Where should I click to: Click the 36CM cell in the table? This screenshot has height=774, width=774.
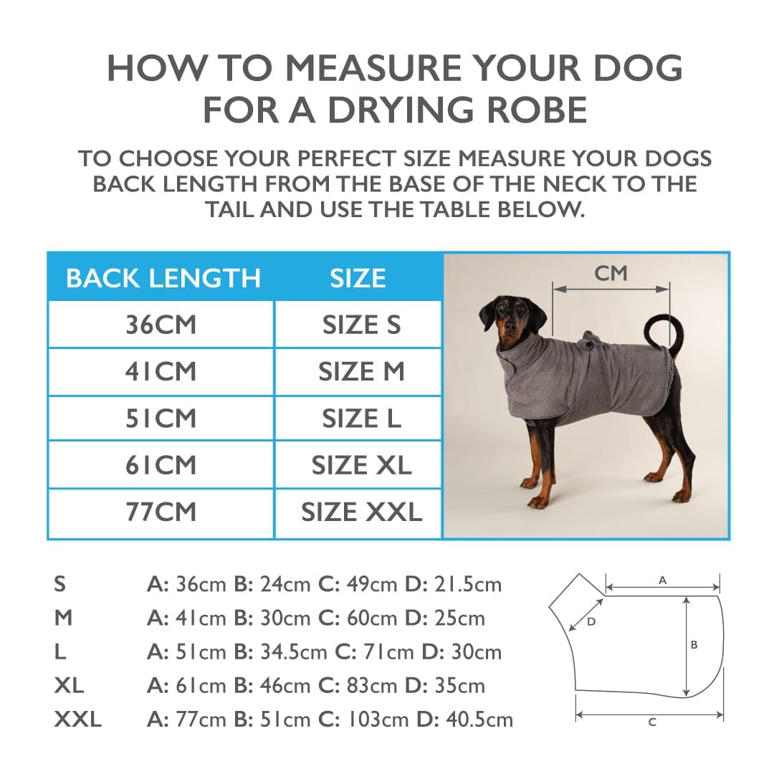point(161,325)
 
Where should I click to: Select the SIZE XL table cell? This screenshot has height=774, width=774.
point(361,465)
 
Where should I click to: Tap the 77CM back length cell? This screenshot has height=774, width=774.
point(161,512)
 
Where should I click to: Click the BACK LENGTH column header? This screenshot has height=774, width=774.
point(163,278)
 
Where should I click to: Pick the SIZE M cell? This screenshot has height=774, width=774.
point(361,372)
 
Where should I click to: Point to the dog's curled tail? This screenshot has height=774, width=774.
point(662,331)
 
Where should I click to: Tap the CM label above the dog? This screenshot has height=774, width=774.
point(611,273)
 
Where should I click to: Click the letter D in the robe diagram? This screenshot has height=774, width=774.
point(591,622)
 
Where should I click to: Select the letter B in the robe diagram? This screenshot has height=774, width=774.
point(694,645)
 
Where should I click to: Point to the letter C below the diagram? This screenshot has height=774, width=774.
point(652,722)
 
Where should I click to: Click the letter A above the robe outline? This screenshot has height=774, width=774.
point(662,580)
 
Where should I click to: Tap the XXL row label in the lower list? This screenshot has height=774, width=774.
point(77,719)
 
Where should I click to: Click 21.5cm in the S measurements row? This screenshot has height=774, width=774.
point(467,584)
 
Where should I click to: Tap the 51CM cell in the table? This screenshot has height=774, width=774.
point(161,419)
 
